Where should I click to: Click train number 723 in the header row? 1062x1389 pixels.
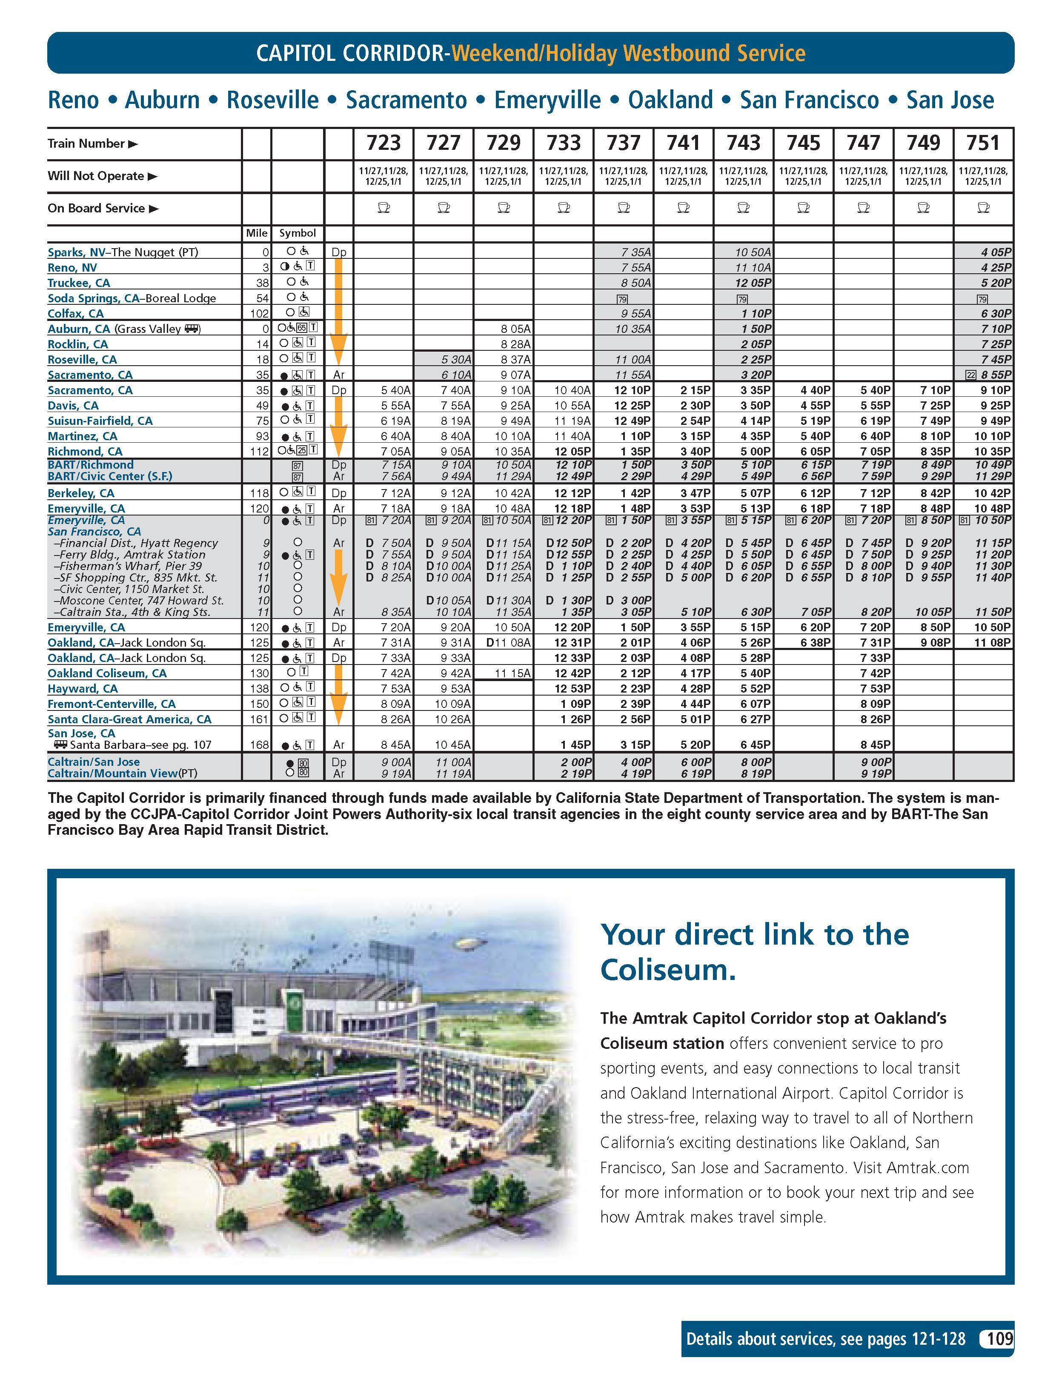point(384,143)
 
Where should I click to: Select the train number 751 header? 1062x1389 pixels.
point(983,143)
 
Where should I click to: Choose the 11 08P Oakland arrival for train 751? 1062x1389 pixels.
point(993,642)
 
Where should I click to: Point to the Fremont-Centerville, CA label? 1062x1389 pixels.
point(111,704)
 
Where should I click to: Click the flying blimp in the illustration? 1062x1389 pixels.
point(468,944)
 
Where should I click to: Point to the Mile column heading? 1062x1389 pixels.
point(257,233)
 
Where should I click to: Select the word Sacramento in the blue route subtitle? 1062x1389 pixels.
point(406,100)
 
